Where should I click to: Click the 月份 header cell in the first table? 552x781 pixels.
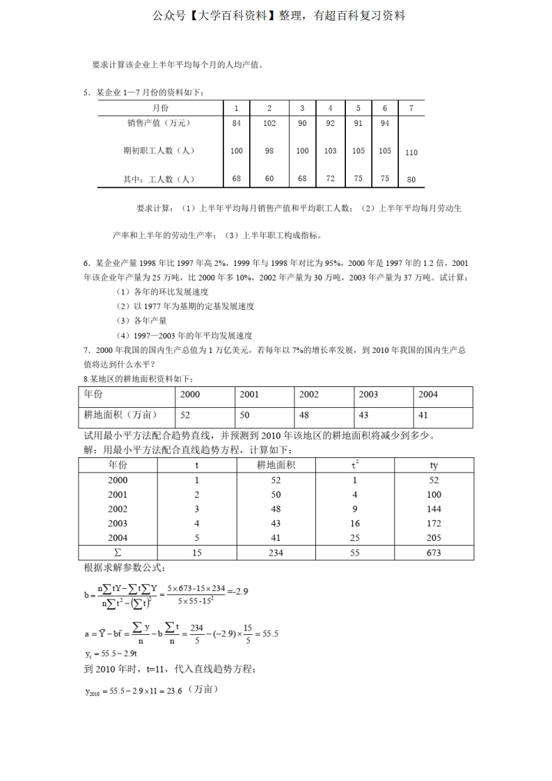pos(160,108)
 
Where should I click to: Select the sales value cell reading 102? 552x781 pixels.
pos(269,123)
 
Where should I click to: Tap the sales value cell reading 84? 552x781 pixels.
pos(237,123)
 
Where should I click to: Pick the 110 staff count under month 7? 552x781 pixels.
pos(411,152)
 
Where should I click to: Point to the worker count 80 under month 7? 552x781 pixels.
pos(411,180)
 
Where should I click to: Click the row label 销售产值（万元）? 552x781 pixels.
pos(159,123)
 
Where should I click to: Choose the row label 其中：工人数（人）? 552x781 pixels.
pos(159,179)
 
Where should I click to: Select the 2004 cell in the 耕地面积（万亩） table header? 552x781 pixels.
pos(428,394)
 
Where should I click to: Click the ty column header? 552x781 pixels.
pos(434,465)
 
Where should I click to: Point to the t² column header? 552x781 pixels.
pos(354,464)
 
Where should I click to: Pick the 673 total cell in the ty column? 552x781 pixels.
pos(434,553)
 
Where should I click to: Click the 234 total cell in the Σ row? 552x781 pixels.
pos(276,553)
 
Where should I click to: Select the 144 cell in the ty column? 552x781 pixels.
pos(434,509)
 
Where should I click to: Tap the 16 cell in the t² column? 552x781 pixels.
pos(354,523)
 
